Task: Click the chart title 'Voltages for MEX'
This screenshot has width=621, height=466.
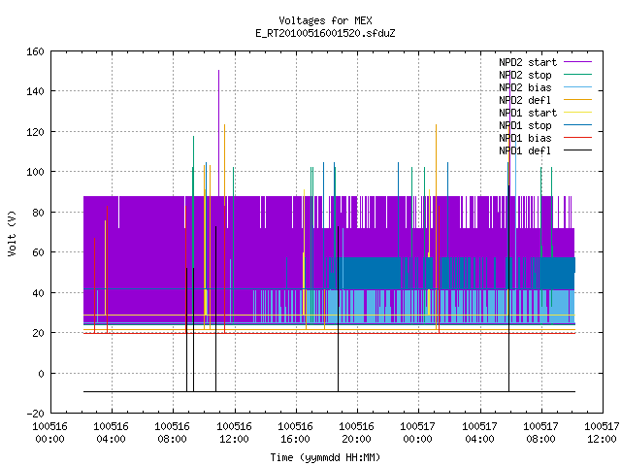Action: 325,20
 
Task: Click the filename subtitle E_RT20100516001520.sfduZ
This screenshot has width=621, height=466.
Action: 325,33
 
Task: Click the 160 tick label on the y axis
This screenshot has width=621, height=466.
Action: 35,51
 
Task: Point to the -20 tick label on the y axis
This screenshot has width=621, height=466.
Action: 35,414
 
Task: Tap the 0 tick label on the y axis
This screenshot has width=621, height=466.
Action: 41,374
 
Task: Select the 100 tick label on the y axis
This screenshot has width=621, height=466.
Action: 35,173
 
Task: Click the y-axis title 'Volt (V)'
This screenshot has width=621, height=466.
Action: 12,234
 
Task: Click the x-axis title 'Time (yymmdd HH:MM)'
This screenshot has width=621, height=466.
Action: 325,457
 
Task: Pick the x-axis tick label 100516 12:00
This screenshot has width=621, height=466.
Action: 235,433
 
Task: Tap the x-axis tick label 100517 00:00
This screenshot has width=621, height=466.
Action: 418,433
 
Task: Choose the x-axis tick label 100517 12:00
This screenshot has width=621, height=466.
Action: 602,433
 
